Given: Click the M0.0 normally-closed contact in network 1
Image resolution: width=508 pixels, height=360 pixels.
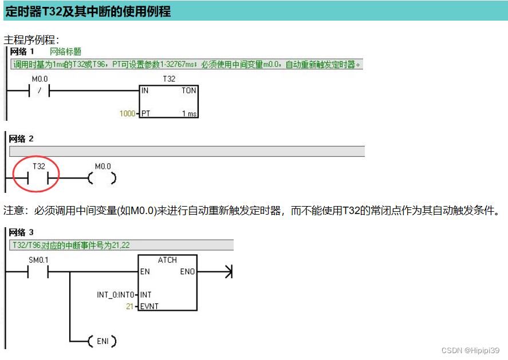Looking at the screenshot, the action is (40, 91).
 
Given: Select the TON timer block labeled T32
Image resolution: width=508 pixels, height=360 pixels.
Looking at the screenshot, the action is (168, 101).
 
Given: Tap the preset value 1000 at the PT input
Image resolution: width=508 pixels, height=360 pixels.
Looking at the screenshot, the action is (127, 113).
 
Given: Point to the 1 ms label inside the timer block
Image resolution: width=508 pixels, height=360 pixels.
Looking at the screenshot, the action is (189, 113).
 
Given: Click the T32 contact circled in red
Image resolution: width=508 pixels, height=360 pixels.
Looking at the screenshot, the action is (38, 178).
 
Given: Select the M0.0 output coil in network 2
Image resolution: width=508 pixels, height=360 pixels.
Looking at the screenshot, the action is (103, 179).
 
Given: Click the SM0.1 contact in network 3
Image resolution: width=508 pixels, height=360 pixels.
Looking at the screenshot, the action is (38, 272).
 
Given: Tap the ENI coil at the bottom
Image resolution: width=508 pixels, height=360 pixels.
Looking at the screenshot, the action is (103, 342).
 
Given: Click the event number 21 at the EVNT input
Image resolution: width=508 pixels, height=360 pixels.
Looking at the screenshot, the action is (129, 307).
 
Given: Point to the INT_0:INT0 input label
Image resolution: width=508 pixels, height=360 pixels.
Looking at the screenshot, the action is (116, 295).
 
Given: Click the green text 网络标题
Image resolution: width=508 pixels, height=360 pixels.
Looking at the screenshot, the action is (65, 52).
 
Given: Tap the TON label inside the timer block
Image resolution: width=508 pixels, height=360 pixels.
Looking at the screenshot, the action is (188, 90).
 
